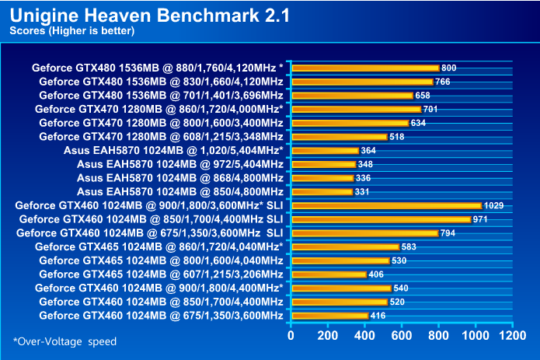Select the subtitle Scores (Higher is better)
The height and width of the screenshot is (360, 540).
click(x=71, y=31)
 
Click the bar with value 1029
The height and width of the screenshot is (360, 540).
click(x=386, y=205)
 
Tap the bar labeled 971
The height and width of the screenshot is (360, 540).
click(x=381, y=219)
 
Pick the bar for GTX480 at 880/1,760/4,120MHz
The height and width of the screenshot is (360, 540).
click(x=365, y=68)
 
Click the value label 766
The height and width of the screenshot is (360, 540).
click(x=443, y=82)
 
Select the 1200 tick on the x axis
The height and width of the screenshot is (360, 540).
click(x=512, y=335)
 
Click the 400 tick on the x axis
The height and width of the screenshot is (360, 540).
click(x=364, y=335)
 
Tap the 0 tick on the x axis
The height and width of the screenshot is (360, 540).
click(x=291, y=335)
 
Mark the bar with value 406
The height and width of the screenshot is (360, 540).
click(x=329, y=274)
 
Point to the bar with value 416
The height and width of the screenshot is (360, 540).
click(x=329, y=316)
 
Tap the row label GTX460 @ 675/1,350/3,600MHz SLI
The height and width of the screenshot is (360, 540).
click(x=149, y=232)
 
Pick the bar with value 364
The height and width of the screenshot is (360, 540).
click(x=325, y=150)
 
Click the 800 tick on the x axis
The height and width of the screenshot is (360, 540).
click(x=438, y=335)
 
